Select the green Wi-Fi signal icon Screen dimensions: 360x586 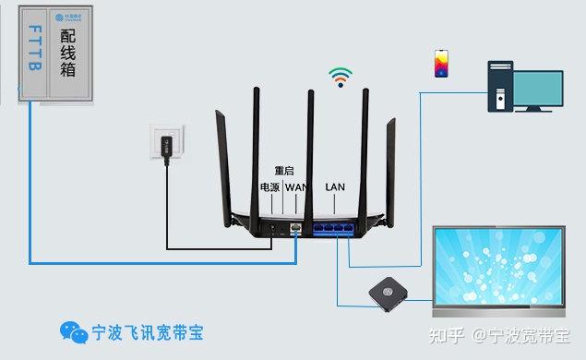pyautogui.click(x=341, y=77)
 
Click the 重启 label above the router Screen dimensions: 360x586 pyautogui.click(x=284, y=171)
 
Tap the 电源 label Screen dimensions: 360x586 pyautogui.click(x=269, y=187)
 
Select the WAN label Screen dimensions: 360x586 pyautogui.click(x=295, y=187)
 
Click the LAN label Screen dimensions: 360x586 pyautogui.click(x=335, y=187)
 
